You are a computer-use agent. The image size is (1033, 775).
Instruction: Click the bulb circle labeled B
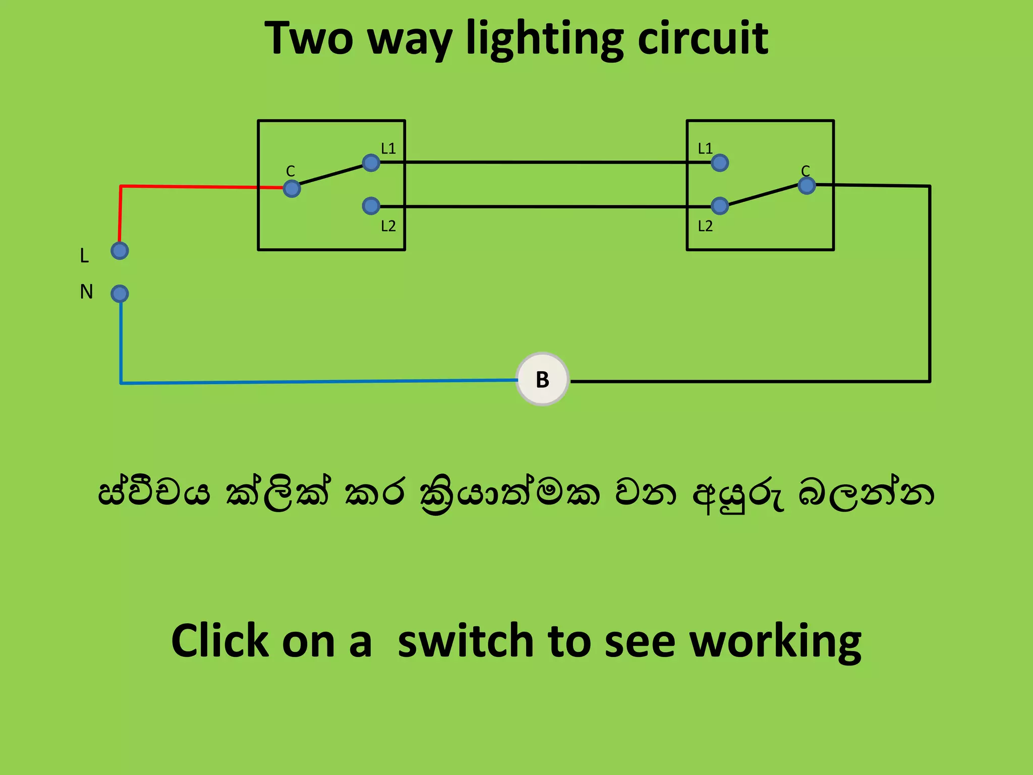coord(542,379)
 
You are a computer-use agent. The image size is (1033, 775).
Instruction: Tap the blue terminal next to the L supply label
coord(120,251)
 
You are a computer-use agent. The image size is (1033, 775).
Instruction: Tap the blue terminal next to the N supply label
coord(120,294)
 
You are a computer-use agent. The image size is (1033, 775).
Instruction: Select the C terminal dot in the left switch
coord(292,189)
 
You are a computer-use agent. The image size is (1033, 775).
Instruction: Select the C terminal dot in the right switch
coord(807,186)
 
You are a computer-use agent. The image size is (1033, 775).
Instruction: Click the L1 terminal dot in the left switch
coord(371,162)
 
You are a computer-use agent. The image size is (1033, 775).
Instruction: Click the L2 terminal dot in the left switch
coord(371,205)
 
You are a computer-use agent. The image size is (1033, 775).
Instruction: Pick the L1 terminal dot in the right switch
coord(719,162)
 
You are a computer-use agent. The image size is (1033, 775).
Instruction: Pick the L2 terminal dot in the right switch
coord(719,205)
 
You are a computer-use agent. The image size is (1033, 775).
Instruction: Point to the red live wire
coord(192,187)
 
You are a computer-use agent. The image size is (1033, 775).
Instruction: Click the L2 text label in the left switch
coord(388,226)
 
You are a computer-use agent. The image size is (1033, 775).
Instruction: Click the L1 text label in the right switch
coord(705,148)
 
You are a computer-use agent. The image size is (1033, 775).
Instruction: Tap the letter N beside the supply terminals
coord(86,292)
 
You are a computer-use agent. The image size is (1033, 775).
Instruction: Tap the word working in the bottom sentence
coord(775,642)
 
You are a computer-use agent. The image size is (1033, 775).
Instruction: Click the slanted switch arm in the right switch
coord(763,195)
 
